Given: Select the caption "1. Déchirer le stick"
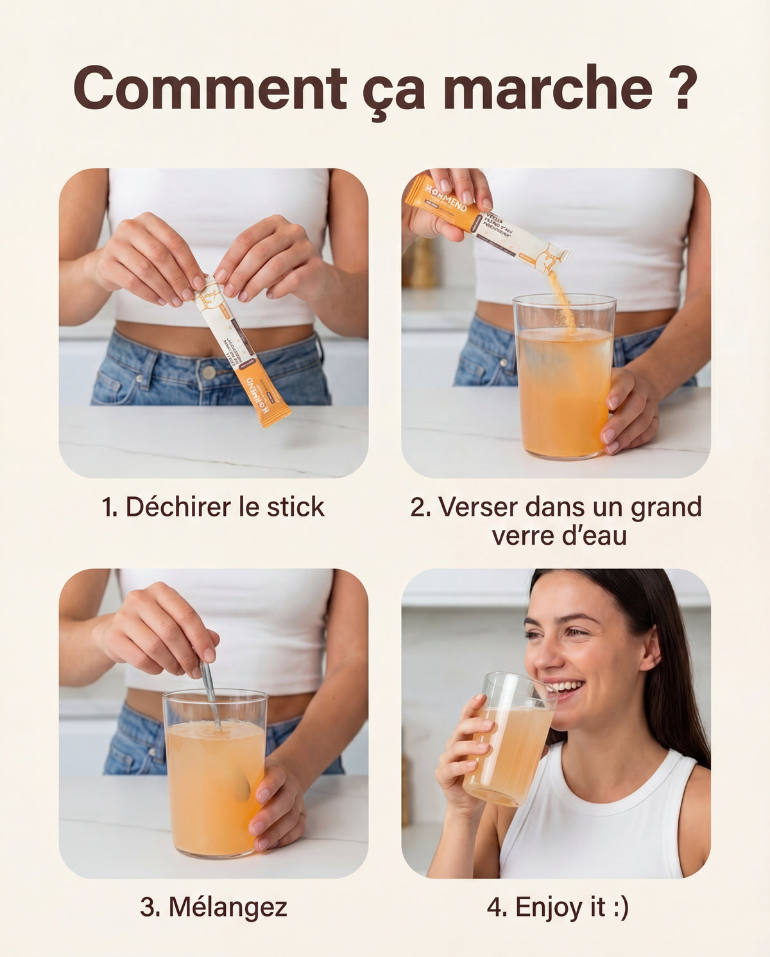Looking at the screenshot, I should pyautogui.click(x=213, y=507).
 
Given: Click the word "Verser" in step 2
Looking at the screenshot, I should pyautogui.click(x=477, y=507).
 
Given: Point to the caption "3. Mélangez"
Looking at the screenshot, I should pyautogui.click(x=213, y=908).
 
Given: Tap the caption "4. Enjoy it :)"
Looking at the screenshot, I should pyautogui.click(x=557, y=908).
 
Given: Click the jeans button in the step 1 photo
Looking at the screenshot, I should pyautogui.click(x=208, y=372).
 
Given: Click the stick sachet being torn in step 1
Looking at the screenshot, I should pyautogui.click(x=241, y=350).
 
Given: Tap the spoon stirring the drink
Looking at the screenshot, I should pyautogui.click(x=209, y=690).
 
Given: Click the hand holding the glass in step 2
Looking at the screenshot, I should pyautogui.click(x=629, y=411).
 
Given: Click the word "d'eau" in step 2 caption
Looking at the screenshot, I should pyautogui.click(x=594, y=536).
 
